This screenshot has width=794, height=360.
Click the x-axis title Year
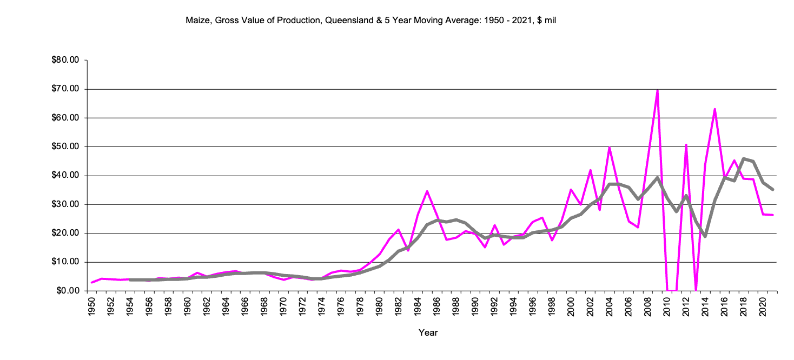pos(428,333)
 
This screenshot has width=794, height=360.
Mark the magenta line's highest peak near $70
pos(657,90)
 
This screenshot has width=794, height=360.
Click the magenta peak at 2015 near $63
pos(715,109)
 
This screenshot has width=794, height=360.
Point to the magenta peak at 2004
pos(610,148)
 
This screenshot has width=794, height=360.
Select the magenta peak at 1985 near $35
pos(427,191)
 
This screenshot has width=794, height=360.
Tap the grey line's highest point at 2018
pos(744,158)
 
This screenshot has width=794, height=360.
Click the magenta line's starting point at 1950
pos(91,283)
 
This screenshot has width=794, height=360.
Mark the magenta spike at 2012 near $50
pos(686,145)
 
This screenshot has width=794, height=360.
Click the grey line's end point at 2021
pos(773,189)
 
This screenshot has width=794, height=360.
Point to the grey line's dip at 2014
pos(705,236)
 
